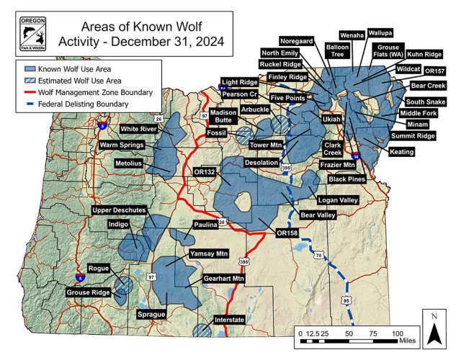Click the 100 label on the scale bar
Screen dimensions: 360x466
[397, 334]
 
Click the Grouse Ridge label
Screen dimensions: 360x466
[87, 293]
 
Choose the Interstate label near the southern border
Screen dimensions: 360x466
[230, 320]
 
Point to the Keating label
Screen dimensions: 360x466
[401, 152]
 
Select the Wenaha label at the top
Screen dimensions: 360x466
[351, 35]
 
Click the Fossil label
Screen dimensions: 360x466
[216, 134]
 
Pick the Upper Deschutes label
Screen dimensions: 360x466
[119, 211]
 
